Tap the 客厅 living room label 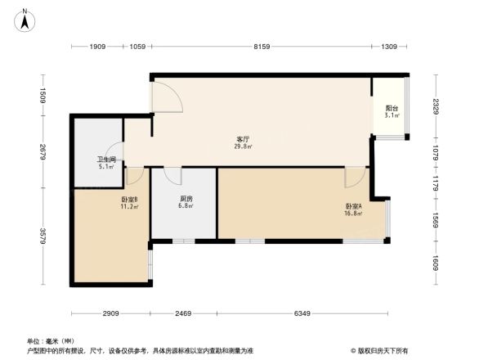point(244,139)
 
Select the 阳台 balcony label point(392,108)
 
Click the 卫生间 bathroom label point(106,160)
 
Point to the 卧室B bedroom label point(129,199)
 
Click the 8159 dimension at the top point(261,47)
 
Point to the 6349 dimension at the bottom point(302,313)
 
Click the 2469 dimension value point(183,313)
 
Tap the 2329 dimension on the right point(436,106)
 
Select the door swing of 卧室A point(354,177)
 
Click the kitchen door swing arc point(172,176)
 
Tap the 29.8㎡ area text point(244,147)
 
